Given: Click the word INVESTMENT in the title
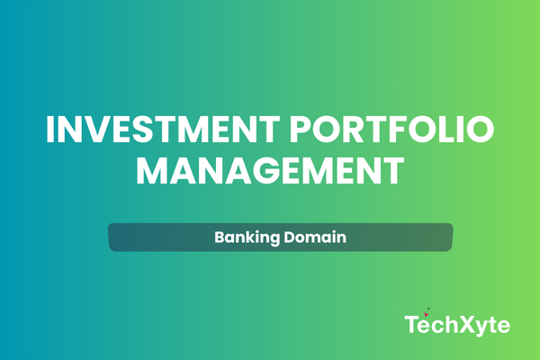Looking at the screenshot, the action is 163,130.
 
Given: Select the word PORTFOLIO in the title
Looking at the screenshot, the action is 391,130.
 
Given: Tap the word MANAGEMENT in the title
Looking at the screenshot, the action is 270,171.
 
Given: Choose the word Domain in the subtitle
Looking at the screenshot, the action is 315,237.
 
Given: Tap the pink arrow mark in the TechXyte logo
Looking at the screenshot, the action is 426,314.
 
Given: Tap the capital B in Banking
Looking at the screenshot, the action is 220,237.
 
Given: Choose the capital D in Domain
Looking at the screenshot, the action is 291,237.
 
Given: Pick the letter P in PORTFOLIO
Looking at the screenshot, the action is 301,130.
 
